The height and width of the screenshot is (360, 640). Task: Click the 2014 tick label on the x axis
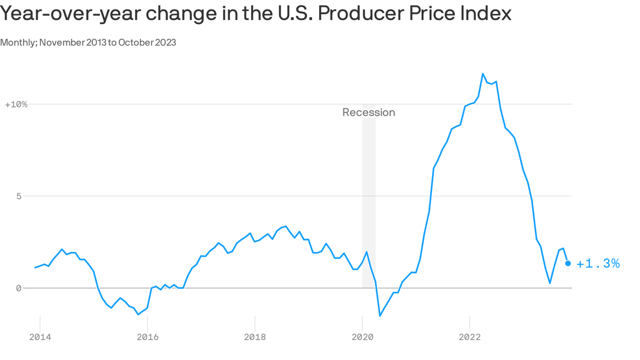(x=40, y=337)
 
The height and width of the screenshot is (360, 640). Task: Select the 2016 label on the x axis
(x=147, y=337)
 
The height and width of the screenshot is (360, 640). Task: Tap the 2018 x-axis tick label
(x=254, y=337)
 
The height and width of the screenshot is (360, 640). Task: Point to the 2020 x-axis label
(x=362, y=337)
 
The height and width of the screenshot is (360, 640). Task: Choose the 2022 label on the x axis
(x=469, y=337)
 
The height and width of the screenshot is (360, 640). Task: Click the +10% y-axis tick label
(x=16, y=104)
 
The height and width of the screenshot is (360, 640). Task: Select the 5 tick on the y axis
(x=19, y=196)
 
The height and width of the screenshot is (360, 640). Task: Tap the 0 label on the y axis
(x=19, y=288)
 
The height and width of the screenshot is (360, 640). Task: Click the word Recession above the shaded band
(x=369, y=112)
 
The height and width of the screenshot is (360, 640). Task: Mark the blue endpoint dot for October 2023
(x=568, y=263)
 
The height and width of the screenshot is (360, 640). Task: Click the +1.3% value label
(x=598, y=264)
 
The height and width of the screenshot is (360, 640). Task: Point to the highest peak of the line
(x=483, y=74)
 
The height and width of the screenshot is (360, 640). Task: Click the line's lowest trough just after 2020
(x=380, y=315)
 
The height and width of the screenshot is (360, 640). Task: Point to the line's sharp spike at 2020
(x=366, y=252)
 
